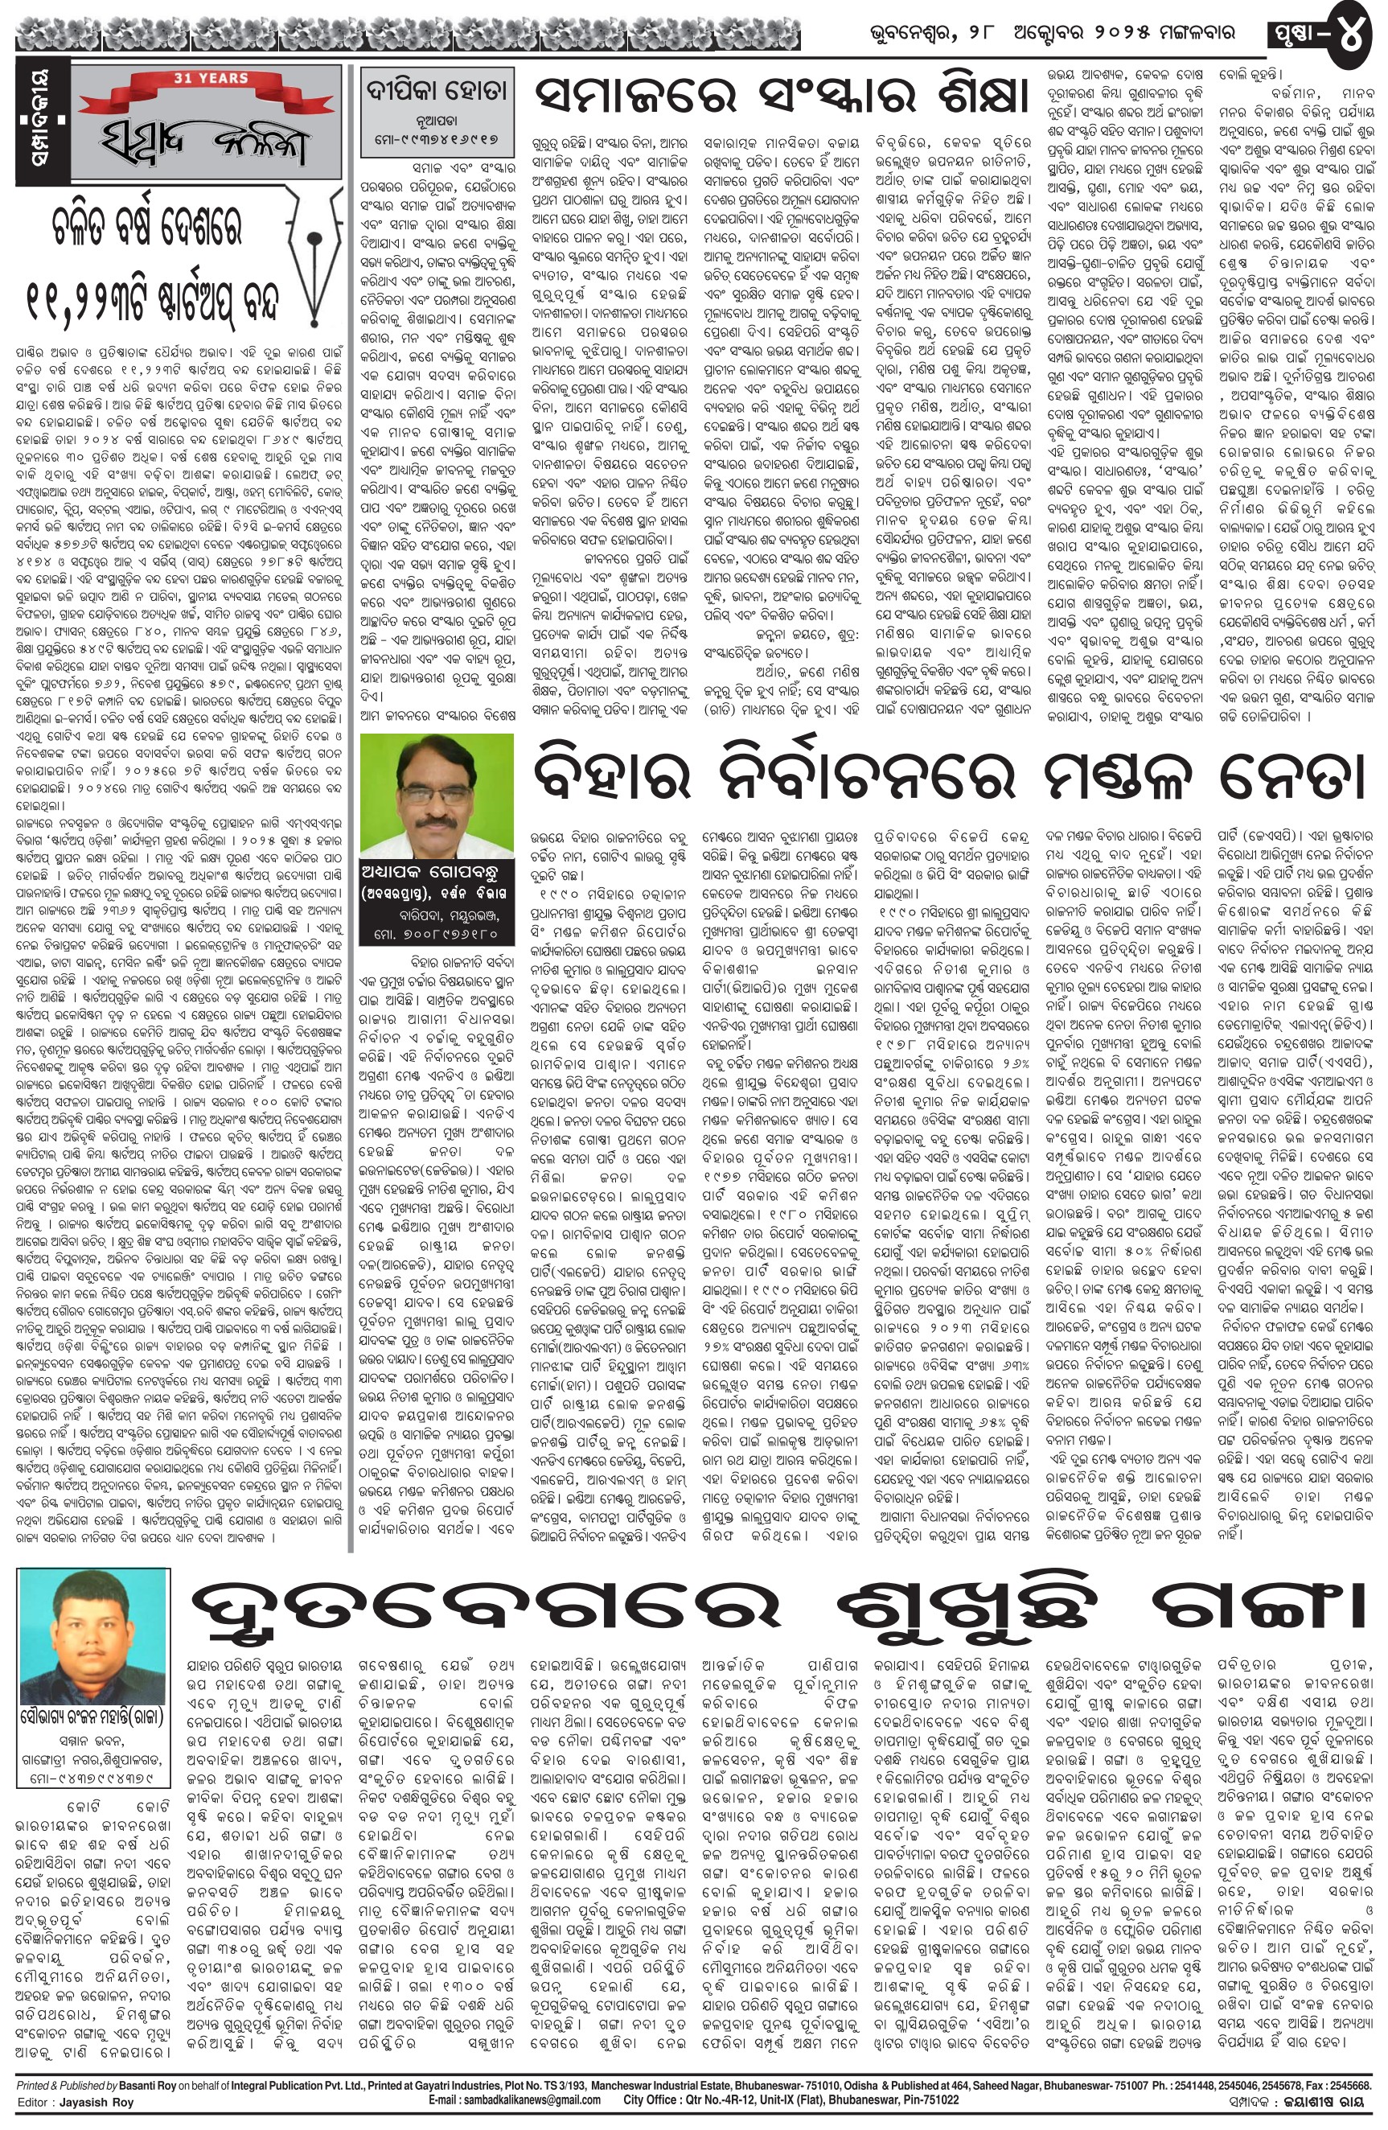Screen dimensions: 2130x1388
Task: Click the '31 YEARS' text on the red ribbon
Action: point(186,79)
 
